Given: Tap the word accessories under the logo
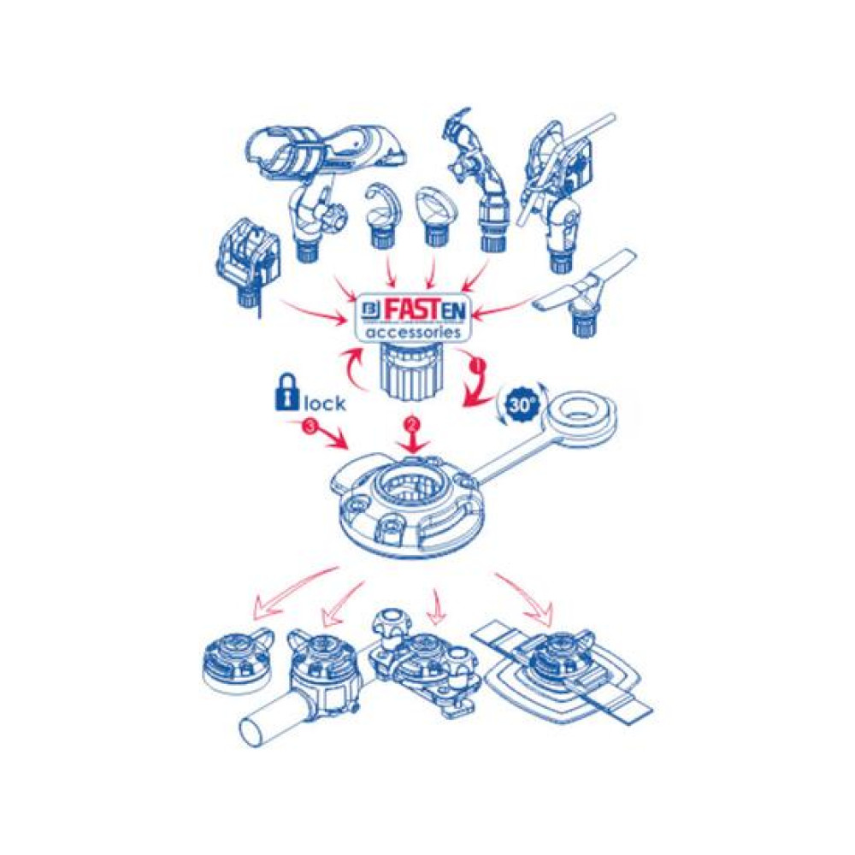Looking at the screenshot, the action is click(x=410, y=332).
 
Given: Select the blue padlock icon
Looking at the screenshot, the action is click(x=287, y=392).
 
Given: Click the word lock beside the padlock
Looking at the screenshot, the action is click(x=324, y=403).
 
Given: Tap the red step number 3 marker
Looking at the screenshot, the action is click(x=310, y=427).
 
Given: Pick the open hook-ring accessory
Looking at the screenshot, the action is click(x=381, y=215).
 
